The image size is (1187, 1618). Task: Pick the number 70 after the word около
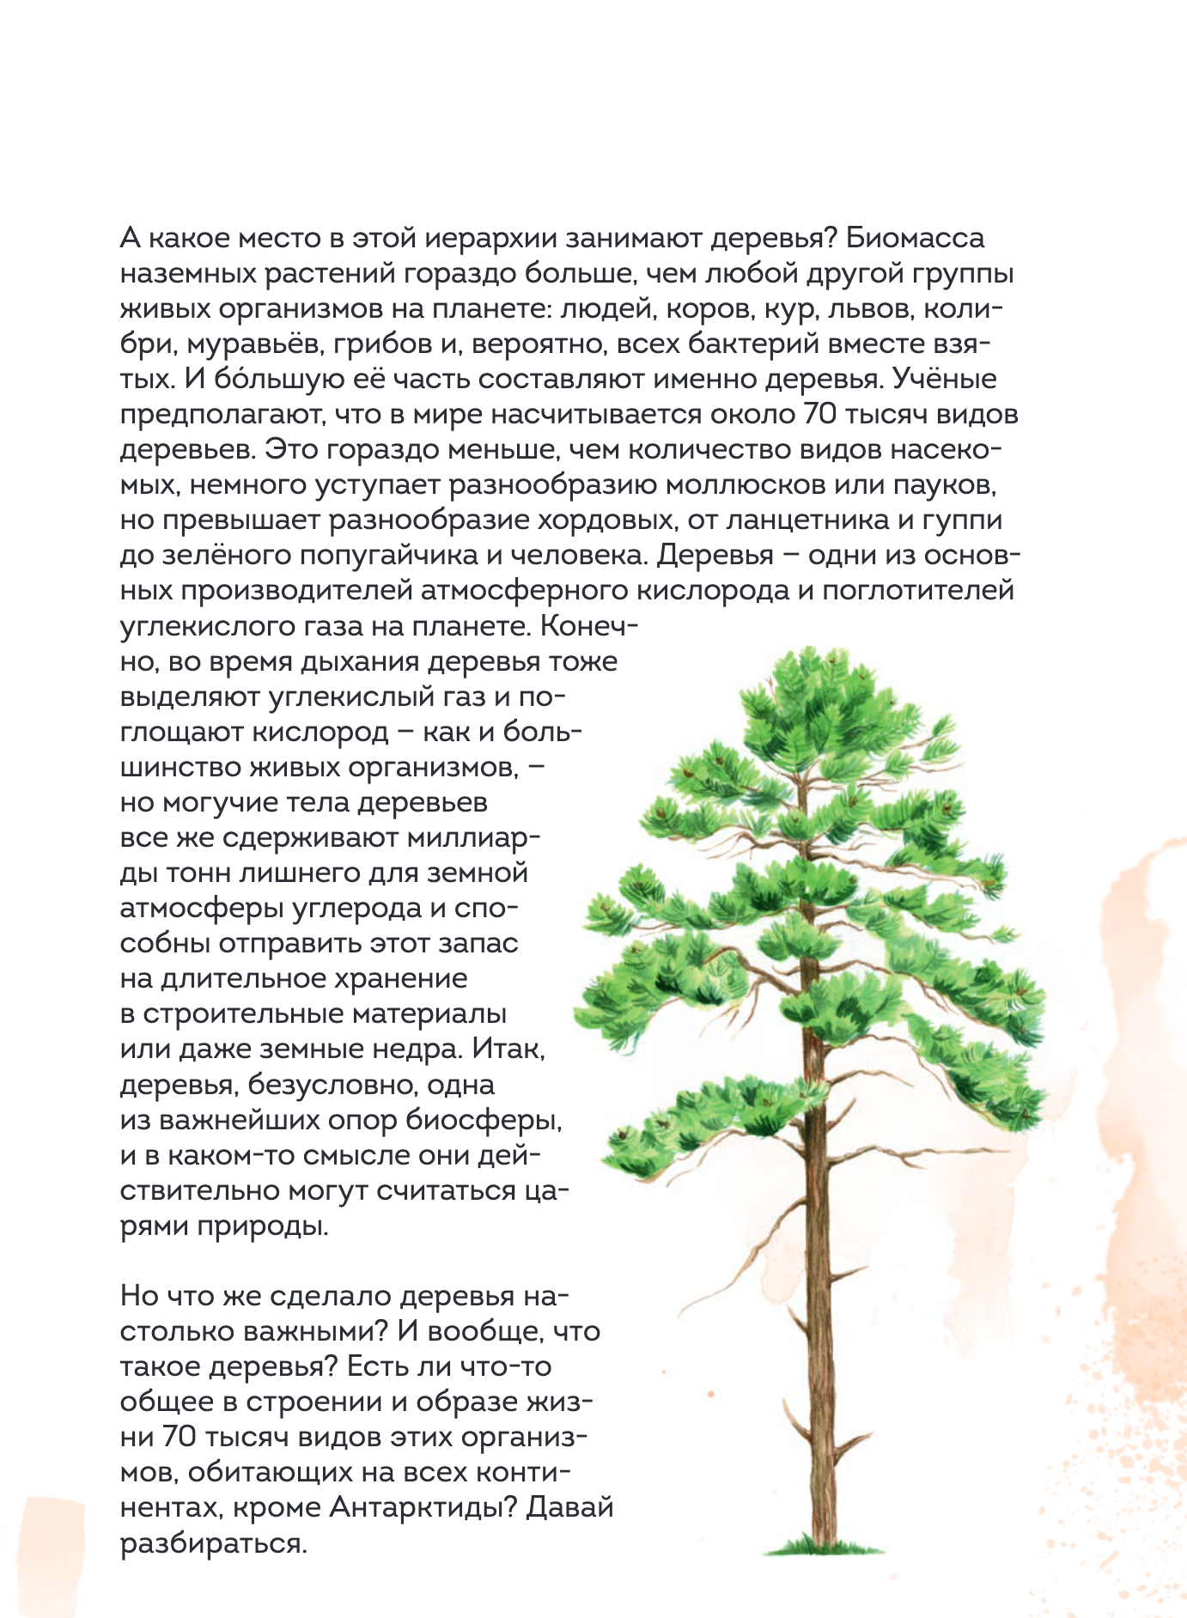coord(819,415)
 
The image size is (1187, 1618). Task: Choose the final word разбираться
coord(213,1543)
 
